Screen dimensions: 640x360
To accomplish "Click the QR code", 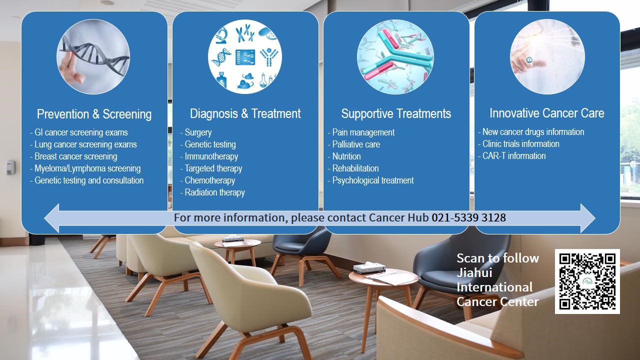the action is [x=587, y=281].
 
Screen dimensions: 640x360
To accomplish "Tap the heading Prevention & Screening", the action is [x=94, y=114].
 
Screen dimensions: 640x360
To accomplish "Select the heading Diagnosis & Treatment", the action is [x=245, y=113].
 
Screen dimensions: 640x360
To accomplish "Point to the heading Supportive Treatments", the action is [x=396, y=113].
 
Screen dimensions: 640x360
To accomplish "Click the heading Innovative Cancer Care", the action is [x=547, y=113].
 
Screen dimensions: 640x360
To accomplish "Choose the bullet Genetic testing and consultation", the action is [x=87, y=180].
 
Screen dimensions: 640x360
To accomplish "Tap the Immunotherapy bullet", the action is [x=209, y=156].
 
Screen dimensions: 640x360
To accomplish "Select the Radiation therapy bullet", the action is [x=212, y=192].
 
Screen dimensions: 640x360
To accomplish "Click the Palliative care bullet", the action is [x=353, y=144].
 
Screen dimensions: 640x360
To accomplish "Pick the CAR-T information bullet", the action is [x=511, y=155].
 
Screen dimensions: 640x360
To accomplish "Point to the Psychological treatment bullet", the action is [x=370, y=180].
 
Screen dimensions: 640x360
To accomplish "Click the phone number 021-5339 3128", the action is [x=468, y=217].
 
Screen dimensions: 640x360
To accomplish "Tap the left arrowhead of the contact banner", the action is [x=52, y=218].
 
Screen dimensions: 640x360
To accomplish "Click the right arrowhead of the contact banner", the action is [x=588, y=218].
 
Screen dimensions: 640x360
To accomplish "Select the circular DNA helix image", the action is [x=93, y=56].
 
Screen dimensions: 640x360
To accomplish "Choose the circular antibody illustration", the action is [x=395, y=56].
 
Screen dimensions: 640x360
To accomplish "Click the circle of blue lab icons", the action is [x=245, y=56].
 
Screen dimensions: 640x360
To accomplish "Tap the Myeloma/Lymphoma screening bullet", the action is [x=85, y=168].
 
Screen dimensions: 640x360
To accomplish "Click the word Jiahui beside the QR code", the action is [x=474, y=272].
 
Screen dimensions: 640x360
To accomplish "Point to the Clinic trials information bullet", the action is [x=518, y=143].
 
